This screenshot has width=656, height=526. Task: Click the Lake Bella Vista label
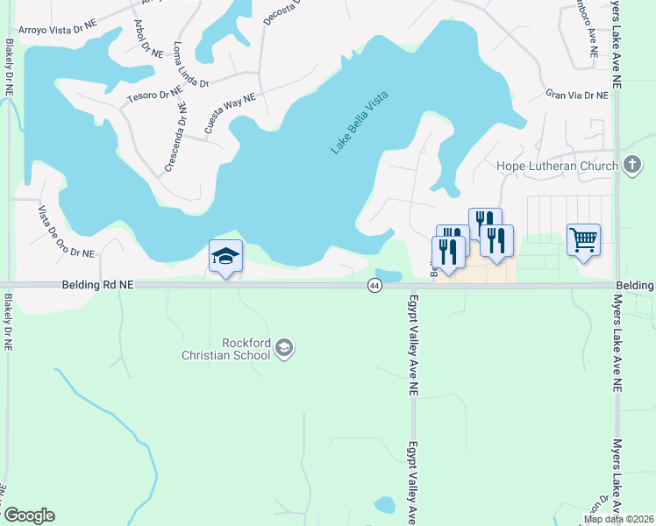359,123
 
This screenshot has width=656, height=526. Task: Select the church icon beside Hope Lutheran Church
632,166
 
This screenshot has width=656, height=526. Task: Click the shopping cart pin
583,238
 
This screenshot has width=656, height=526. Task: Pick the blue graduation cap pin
225,256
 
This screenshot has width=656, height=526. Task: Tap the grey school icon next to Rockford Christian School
283,349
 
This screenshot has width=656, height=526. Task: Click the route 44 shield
374,286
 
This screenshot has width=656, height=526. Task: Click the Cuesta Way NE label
230,112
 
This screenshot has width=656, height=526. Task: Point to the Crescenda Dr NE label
175,135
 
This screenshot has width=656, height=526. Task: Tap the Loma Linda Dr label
191,65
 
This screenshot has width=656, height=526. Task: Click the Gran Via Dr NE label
576,94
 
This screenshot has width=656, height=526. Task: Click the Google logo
29,515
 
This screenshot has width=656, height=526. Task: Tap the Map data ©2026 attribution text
618,519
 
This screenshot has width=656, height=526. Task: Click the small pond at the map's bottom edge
384,505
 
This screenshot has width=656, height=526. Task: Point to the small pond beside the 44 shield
389,274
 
